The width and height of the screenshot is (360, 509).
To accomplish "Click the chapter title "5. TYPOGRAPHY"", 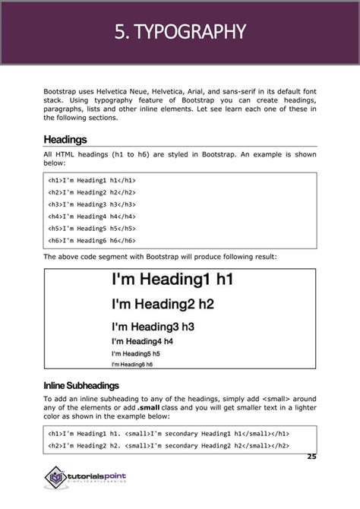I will coord(180,32).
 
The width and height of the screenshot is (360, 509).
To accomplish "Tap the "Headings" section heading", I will coord(65,140).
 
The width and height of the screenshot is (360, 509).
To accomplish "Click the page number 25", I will coord(311,457).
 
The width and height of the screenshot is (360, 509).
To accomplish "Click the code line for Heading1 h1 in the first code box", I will coord(91,182).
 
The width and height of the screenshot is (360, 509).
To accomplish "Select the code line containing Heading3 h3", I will coord(91,205).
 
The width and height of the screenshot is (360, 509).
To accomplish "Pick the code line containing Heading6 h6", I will coord(91,241).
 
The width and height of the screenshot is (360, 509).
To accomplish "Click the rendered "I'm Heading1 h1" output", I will coord(171,280).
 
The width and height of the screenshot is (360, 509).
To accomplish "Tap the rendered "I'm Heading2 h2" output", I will coord(163,305).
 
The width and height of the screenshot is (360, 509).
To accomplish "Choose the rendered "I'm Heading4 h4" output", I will coord(142,341).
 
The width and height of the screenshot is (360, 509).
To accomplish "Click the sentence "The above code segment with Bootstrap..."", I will coord(159,257).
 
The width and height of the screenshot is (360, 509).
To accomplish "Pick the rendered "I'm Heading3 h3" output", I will coord(153,327).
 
